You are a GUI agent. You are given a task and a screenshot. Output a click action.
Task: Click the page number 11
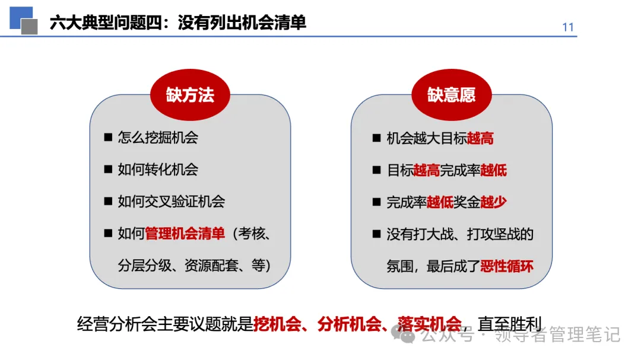coord(567,27)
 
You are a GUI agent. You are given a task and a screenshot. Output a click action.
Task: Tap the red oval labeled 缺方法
coord(190,95)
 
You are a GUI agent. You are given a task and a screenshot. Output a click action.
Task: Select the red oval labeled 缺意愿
coord(451,95)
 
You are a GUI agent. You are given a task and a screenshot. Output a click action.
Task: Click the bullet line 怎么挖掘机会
coord(158,138)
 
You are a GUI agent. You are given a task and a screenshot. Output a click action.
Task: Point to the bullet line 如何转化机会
coord(158,170)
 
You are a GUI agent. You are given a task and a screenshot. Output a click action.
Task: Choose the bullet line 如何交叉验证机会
coord(171,202)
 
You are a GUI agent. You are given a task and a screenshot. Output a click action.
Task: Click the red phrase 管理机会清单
coord(185,234)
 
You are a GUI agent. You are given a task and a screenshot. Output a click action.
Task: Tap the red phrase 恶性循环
coord(507,266)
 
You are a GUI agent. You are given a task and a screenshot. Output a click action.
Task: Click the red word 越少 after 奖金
coord(494,202)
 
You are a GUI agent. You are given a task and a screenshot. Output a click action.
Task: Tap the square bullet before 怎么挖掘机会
coord(108,138)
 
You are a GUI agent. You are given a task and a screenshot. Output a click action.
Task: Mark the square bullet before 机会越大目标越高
coord(376,138)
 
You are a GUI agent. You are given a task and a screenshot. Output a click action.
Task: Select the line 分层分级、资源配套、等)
coord(194,266)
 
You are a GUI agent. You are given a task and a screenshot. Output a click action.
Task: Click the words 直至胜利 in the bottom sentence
coord(510,324)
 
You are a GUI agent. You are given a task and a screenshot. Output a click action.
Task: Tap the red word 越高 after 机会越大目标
coord(481,138)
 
